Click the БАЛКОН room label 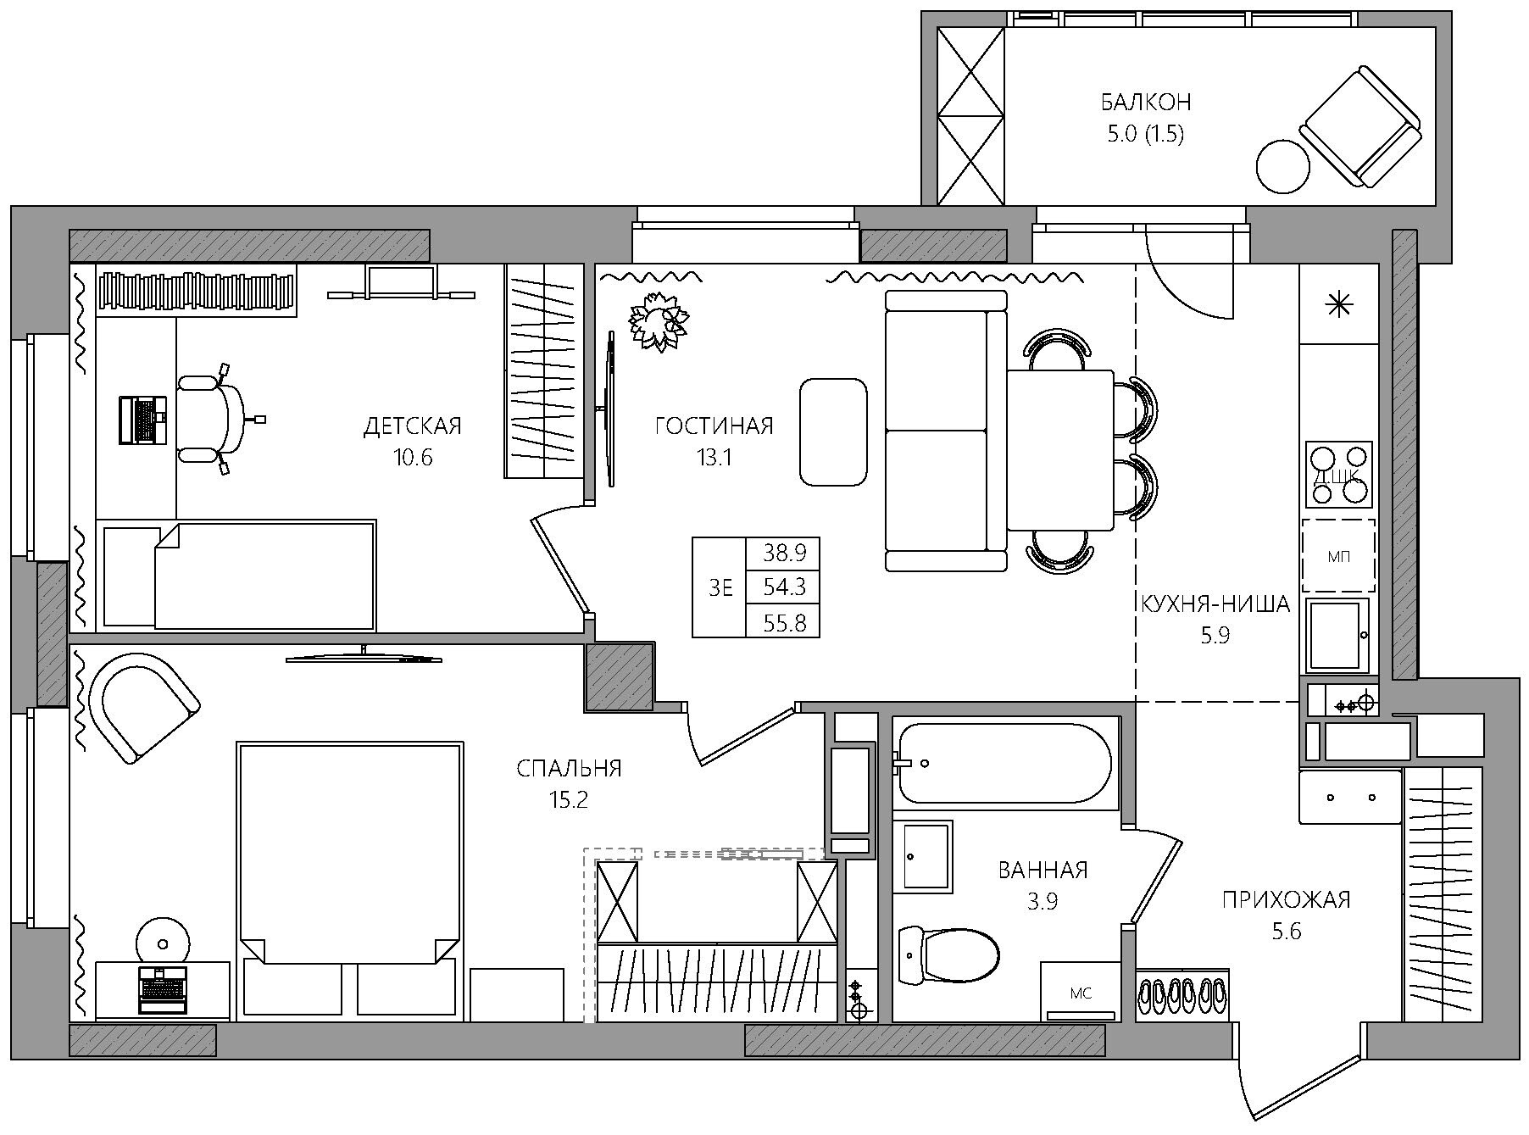pos(1146,103)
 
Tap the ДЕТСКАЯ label pos(412,426)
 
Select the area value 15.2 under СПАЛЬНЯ pos(568,799)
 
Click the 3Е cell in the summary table pos(720,587)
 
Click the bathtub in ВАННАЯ pos(1004,763)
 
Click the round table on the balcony pos(1282,166)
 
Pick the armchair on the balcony pos(1360,125)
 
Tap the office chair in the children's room pos(216,420)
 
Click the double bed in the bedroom pos(351,882)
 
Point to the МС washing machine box pos(1081,992)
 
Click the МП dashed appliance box pos(1338,555)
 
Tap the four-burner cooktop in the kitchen pos(1339,475)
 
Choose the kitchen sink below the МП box pos(1337,635)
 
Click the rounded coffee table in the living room pos(833,432)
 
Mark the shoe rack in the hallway pos(1181,994)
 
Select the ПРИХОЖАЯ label pos(1286,899)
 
